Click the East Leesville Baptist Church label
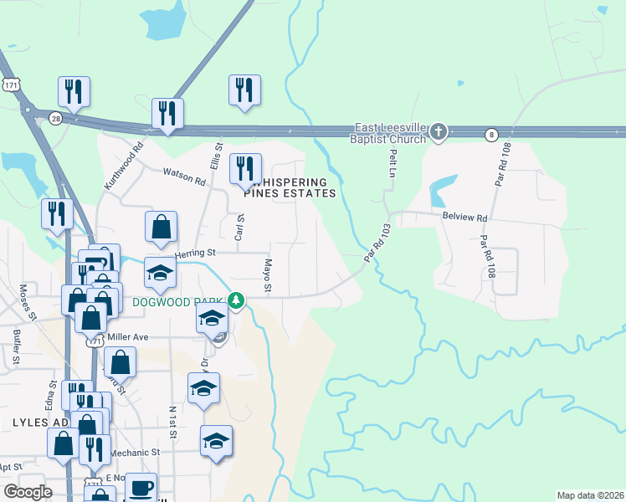coord(390,133)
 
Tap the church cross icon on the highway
coord(439,131)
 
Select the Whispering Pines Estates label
coord(290,187)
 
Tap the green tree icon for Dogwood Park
coord(237,300)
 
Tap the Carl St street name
coord(239,226)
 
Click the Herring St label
coord(195,253)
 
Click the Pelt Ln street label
coord(392,162)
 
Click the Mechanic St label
coord(136,452)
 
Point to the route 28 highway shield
coord(54,118)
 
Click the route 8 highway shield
coord(491,134)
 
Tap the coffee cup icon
coord(141,486)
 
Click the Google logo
coord(28,492)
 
